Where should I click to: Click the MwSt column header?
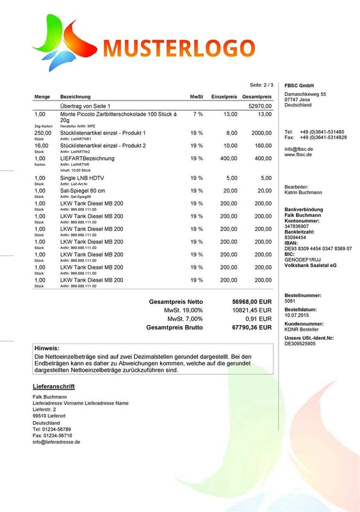pos(197,96)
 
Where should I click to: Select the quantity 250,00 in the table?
pos(42,132)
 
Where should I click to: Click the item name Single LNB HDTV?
pos(83,178)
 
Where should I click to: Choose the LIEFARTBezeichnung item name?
pos(87,158)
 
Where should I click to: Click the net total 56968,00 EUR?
pos(252,301)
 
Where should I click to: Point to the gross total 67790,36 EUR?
pos(252,327)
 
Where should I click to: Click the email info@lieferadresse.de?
pos(56,442)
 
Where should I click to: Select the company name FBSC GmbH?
pos(299,86)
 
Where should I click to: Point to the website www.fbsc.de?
pos(299,155)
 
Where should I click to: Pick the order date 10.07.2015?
pos(297,316)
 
